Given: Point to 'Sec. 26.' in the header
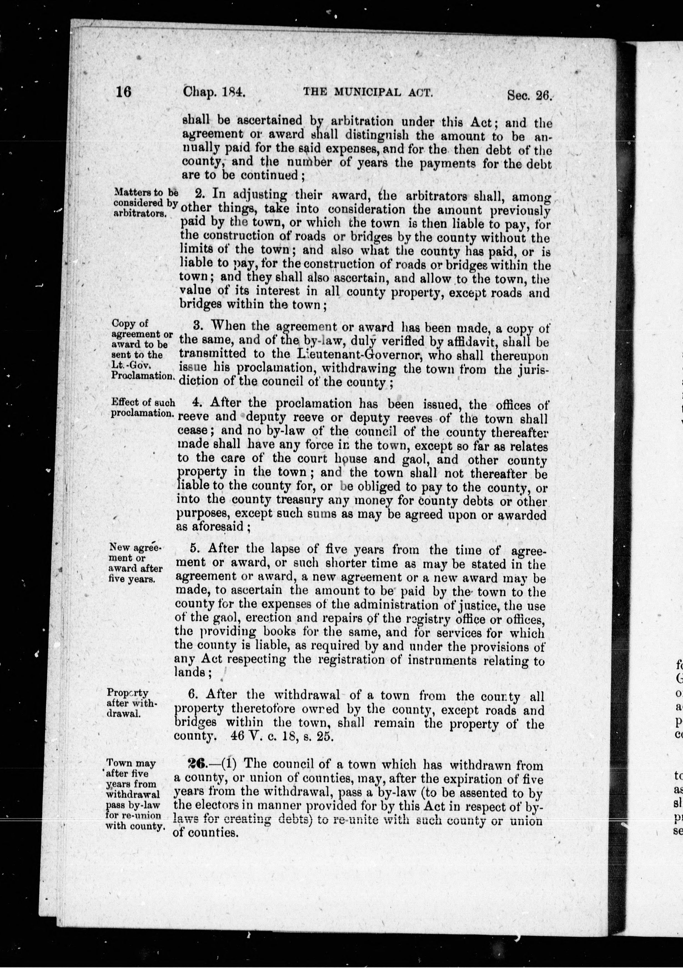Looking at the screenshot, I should pyautogui.click(x=529, y=95).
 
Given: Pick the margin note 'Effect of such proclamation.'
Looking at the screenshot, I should pyautogui.click(x=143, y=408).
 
